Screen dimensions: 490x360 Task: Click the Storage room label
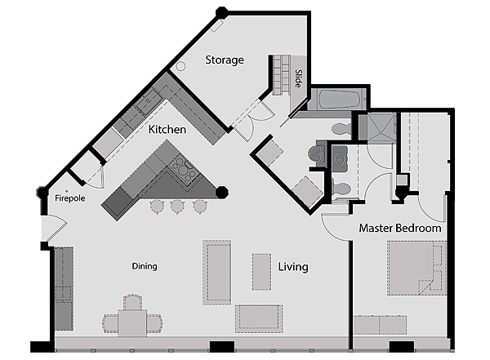click(x=225, y=60)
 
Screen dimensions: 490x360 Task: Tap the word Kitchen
click(x=167, y=129)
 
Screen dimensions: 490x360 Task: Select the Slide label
click(x=299, y=78)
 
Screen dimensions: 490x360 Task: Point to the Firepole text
click(x=70, y=198)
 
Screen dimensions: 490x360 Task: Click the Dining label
click(x=145, y=266)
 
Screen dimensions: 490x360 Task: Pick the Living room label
click(x=293, y=267)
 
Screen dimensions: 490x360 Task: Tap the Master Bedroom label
click(x=400, y=228)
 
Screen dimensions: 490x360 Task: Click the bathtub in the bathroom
click(x=339, y=100)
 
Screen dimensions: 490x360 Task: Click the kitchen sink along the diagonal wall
click(x=148, y=100)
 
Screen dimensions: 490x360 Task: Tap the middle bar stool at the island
click(x=177, y=207)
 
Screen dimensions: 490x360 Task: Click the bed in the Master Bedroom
click(x=416, y=268)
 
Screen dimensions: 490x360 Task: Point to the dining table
click(x=132, y=322)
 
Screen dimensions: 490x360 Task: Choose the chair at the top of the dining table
click(x=132, y=301)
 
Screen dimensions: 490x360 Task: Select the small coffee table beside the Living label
click(x=261, y=272)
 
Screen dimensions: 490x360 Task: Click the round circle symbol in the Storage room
click(x=180, y=66)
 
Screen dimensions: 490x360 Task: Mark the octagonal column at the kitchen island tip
click(x=222, y=192)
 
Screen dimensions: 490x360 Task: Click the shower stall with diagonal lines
click(x=376, y=127)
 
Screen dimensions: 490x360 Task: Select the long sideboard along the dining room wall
click(x=64, y=288)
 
